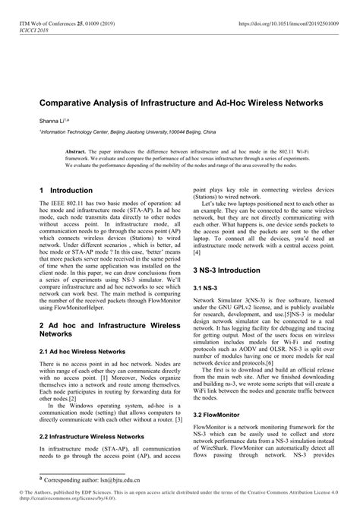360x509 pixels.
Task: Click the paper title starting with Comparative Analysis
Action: [x=181, y=101]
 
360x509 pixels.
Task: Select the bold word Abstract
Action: [x=77, y=151]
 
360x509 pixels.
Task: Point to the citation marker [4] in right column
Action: [x=197, y=251]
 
